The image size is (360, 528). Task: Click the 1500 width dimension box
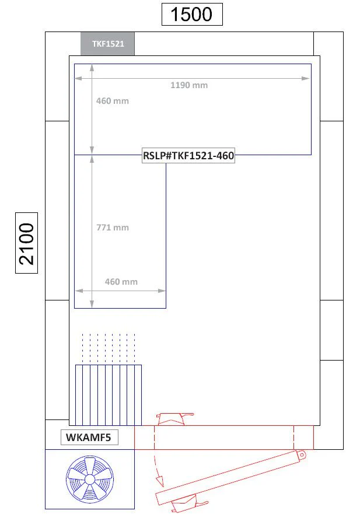coord(192,14)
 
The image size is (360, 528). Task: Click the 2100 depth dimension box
coord(27,243)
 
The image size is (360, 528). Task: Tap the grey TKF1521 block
coord(107,44)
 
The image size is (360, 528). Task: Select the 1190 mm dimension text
coord(189,85)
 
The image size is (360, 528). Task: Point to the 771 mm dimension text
coord(113,228)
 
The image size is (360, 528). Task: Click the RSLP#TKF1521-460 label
coord(188,156)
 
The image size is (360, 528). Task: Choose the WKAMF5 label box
coord(89,438)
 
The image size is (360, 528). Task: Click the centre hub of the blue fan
coord(90,479)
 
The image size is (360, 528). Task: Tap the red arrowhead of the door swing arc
coord(160,481)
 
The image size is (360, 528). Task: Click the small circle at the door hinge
coord(302,455)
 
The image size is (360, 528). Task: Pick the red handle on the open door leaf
coord(189,503)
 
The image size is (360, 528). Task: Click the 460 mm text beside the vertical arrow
coord(113,101)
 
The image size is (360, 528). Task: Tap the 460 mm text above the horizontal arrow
coord(121,282)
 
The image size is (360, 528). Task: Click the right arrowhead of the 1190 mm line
coord(306,78)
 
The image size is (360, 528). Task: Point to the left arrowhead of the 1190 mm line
coord(78,78)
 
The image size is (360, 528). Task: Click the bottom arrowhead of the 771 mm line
coord(92,303)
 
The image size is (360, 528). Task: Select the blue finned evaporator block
coord(109,395)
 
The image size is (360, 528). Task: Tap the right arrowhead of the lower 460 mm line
coord(162,291)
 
